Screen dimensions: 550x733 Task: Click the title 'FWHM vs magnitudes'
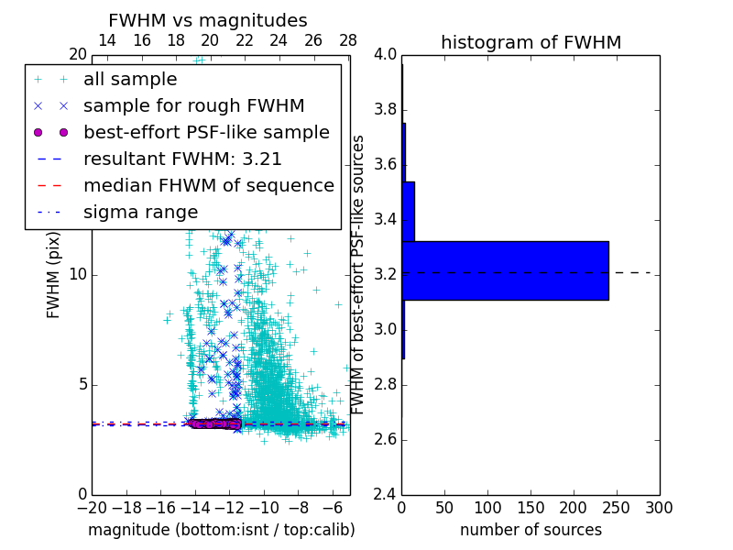point(208,20)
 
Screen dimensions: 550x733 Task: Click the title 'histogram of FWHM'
point(531,42)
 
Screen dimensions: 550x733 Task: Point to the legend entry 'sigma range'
point(140,212)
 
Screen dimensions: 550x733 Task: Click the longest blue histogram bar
point(505,270)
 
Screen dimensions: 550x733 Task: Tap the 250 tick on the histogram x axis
point(617,507)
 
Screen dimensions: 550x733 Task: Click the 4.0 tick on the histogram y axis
point(385,55)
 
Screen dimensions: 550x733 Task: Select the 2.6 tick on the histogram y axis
point(385,439)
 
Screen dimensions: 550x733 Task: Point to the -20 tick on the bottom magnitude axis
point(92,507)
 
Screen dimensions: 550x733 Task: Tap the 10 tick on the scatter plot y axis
point(78,275)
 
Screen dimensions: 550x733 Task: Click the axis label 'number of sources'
point(531,530)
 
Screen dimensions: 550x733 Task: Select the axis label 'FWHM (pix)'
point(54,284)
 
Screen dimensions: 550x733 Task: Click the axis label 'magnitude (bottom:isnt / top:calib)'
point(221,530)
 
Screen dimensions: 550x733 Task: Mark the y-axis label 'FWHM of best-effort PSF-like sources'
point(359,274)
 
